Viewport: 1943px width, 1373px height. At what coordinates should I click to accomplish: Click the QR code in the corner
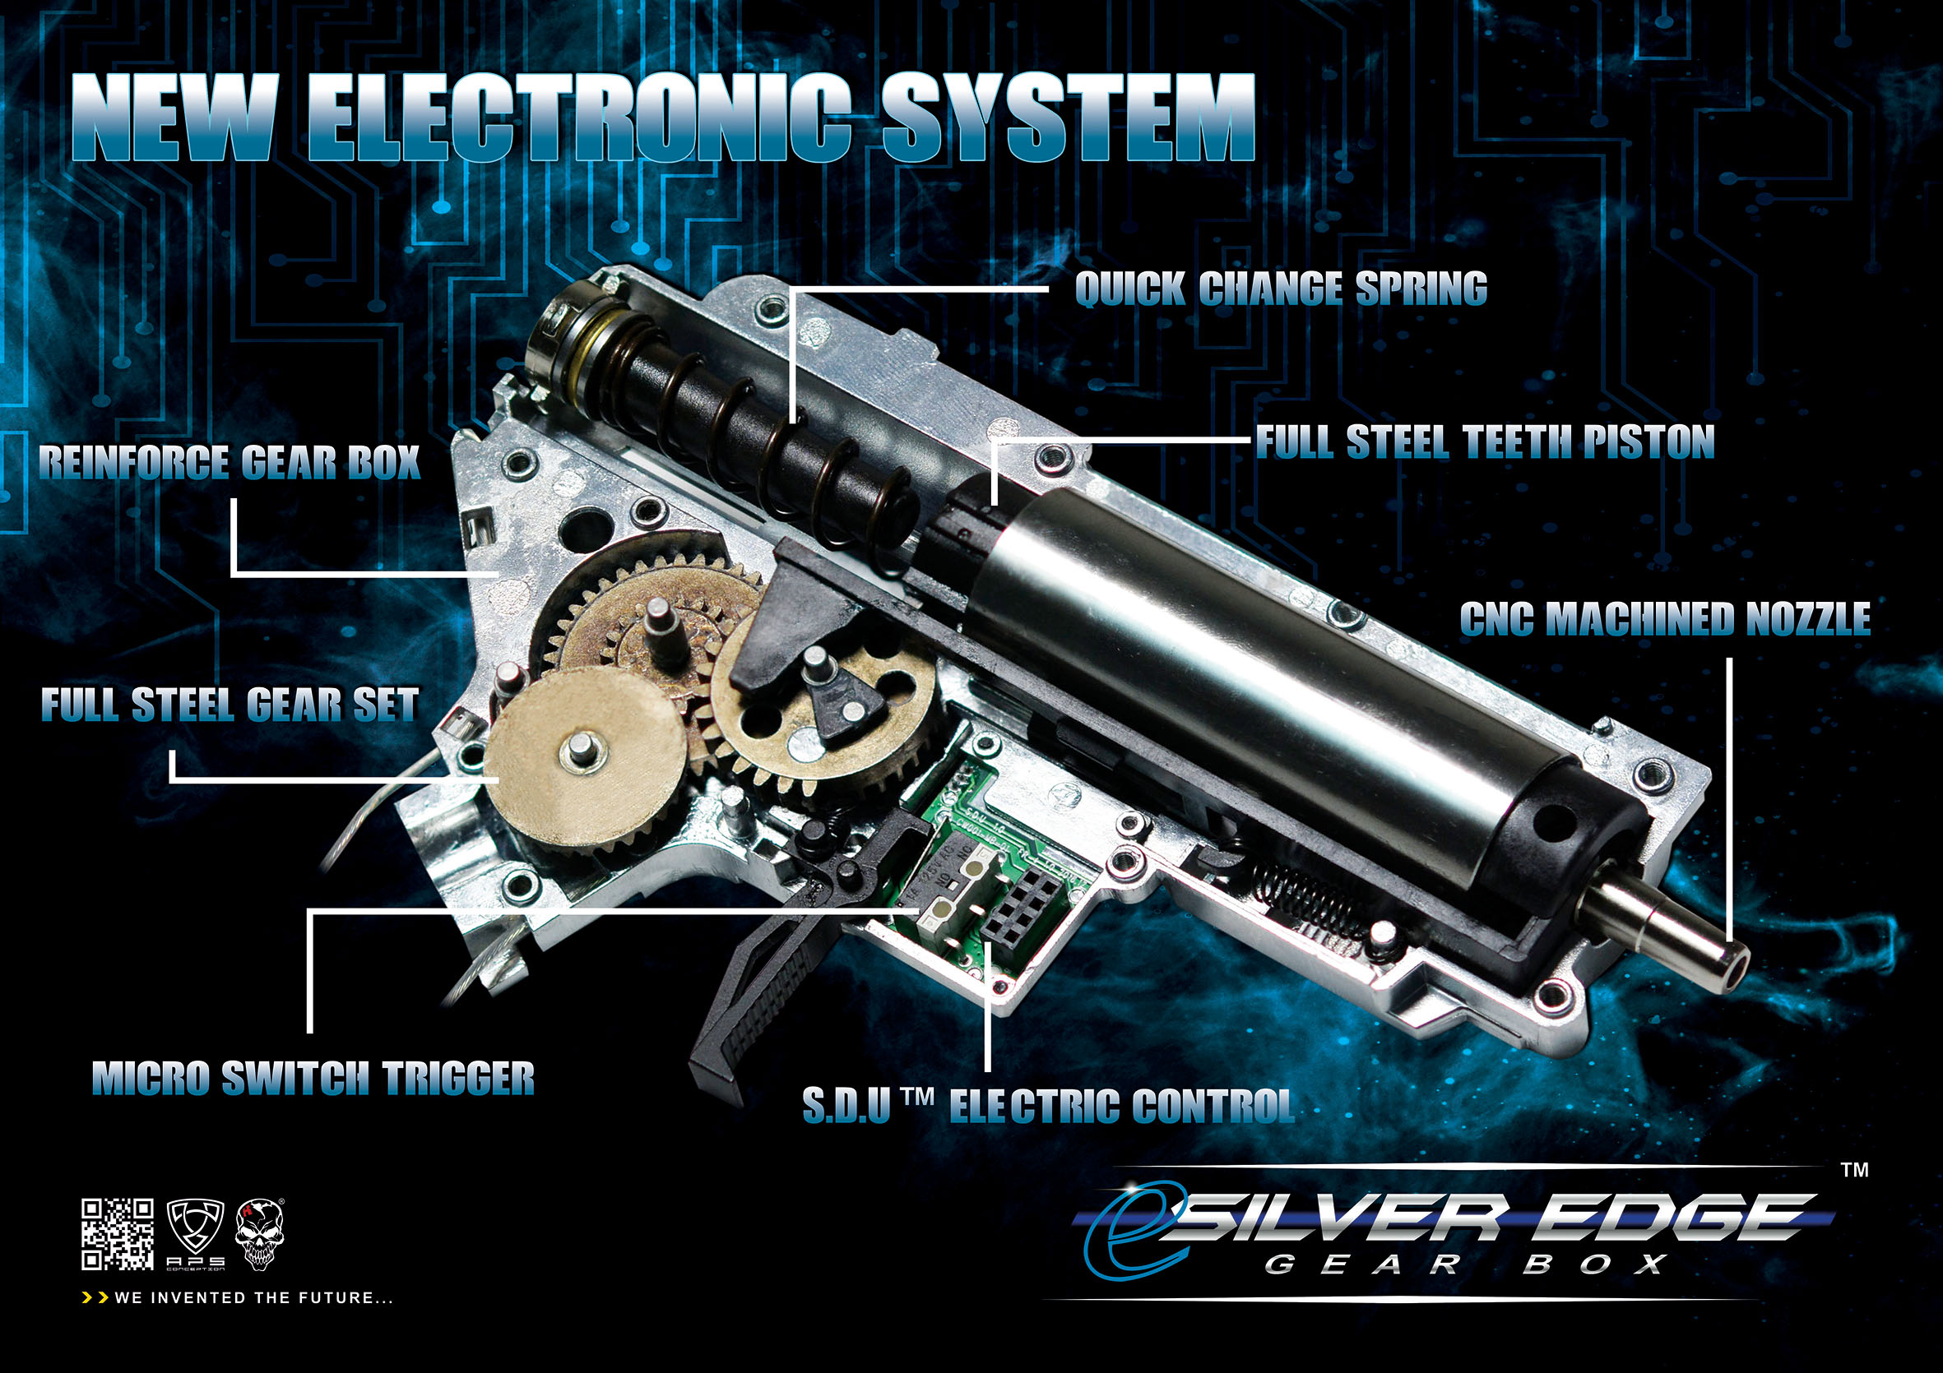118,1234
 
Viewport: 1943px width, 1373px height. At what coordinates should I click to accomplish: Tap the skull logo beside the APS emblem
260,1234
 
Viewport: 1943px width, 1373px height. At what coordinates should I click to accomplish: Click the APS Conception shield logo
197,1234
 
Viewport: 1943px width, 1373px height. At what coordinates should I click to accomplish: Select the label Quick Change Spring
1280,289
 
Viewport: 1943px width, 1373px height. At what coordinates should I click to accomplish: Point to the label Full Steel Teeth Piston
1484,441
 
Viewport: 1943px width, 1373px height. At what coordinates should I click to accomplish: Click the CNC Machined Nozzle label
1665,618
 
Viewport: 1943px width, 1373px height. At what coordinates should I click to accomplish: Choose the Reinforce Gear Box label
230,462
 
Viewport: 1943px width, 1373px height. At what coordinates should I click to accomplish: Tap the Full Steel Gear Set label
230,705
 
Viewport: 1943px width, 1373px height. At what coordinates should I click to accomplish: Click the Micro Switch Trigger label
313,1078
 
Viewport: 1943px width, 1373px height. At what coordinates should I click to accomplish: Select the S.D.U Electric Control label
1049,1106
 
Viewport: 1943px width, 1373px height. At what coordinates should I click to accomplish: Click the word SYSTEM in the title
1068,118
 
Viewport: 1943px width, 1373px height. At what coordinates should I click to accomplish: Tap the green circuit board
985,871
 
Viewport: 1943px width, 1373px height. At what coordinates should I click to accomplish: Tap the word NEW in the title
174,118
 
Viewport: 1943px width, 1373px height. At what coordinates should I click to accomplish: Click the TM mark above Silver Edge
1855,1170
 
